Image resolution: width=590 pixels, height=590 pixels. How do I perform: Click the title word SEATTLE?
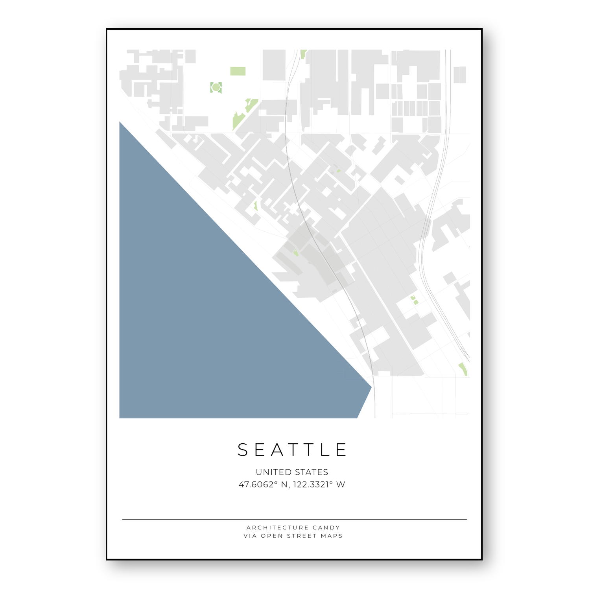pyautogui.click(x=292, y=450)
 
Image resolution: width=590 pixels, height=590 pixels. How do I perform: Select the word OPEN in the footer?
pyautogui.click(x=272, y=536)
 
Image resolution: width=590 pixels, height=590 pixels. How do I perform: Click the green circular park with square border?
pyautogui.click(x=216, y=87)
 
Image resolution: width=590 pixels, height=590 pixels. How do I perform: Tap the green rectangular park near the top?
pyautogui.click(x=238, y=71)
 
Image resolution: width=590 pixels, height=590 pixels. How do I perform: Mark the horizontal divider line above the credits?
pyautogui.click(x=294, y=520)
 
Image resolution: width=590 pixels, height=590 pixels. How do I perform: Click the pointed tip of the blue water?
pyautogui.click(x=371, y=387)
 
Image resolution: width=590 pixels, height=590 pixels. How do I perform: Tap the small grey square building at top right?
pyautogui.click(x=460, y=75)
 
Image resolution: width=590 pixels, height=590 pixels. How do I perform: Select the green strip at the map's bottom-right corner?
pyautogui.click(x=463, y=369)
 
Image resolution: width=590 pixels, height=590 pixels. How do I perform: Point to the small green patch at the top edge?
pyautogui.click(x=303, y=54)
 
